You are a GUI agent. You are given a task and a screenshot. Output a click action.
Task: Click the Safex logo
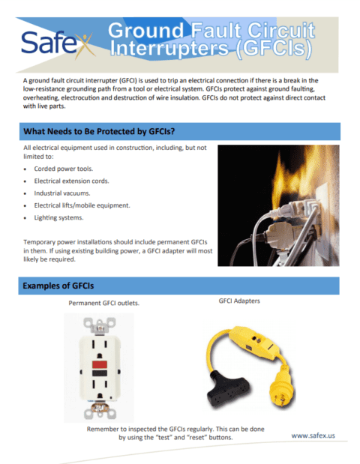click(x=55, y=43)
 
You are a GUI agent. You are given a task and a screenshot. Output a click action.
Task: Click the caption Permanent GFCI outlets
click(x=103, y=304)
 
